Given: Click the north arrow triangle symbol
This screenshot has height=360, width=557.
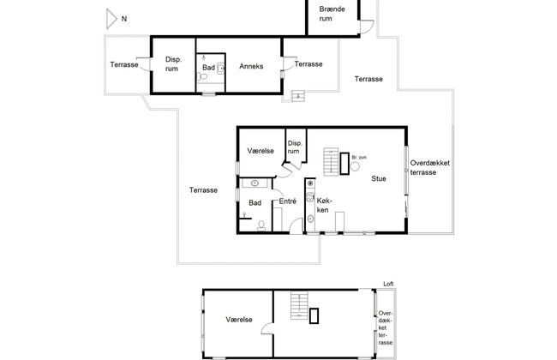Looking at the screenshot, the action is pyautogui.click(x=111, y=19).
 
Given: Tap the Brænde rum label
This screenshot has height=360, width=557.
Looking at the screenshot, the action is pyautogui.click(x=332, y=14).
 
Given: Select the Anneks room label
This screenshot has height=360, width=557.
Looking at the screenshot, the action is pyautogui.click(x=251, y=66).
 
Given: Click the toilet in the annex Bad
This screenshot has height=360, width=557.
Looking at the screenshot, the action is pyautogui.click(x=202, y=76).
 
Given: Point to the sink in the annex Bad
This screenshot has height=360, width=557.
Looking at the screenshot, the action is pyautogui.click(x=220, y=68).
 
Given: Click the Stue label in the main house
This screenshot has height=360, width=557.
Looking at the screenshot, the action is pyautogui.click(x=379, y=178).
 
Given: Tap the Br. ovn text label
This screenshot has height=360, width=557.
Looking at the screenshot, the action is pyautogui.click(x=359, y=157).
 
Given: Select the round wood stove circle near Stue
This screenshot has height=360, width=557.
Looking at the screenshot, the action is pyautogui.click(x=355, y=166).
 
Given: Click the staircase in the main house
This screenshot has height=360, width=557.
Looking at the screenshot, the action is pyautogui.click(x=331, y=161).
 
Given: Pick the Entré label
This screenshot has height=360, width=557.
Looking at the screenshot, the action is pyautogui.click(x=287, y=201).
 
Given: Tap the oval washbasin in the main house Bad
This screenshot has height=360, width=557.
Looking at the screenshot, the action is pyautogui.click(x=255, y=183).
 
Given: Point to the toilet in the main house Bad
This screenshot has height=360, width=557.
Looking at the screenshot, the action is pyautogui.click(x=261, y=225).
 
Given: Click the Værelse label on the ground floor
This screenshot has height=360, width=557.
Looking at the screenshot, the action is pyautogui.click(x=261, y=151).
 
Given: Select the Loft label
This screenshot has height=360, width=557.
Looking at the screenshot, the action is pyautogui.click(x=388, y=284).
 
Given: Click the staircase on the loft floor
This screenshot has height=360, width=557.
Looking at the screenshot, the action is pyautogui.click(x=299, y=306).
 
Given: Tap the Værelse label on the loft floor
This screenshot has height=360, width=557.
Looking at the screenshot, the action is pyautogui.click(x=239, y=320).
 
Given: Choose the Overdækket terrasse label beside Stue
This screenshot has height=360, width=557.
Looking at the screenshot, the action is pyautogui.click(x=430, y=168).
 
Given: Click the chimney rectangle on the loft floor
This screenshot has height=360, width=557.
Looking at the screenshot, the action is pyautogui.click(x=314, y=316).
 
